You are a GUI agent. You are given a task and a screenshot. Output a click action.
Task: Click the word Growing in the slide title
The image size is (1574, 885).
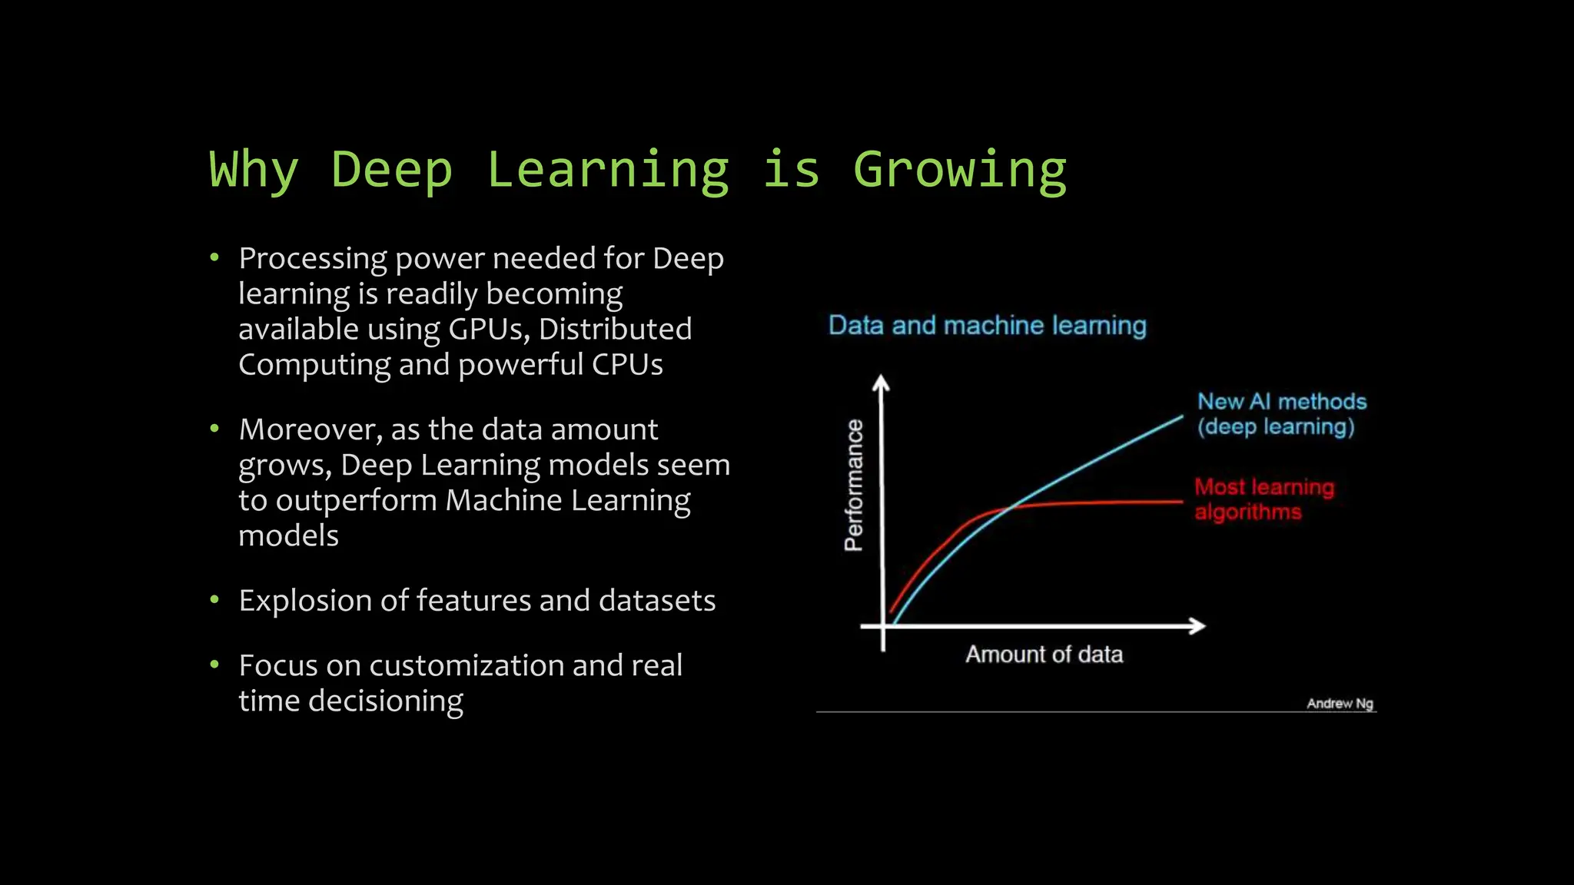tap(960, 170)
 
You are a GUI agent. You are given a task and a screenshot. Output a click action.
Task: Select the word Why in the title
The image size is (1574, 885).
tap(254, 170)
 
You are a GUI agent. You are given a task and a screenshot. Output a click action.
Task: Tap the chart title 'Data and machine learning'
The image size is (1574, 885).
tap(987, 326)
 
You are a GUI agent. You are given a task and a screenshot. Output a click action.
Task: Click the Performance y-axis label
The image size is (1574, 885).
tap(854, 485)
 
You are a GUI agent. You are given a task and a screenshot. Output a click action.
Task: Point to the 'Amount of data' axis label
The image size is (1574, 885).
tap(1044, 655)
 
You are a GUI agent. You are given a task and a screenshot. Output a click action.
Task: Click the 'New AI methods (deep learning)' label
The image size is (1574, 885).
tap(1281, 414)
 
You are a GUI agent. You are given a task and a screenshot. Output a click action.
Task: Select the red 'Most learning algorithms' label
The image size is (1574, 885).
tap(1264, 499)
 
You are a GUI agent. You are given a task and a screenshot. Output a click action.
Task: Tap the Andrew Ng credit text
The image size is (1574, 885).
tap(1340, 704)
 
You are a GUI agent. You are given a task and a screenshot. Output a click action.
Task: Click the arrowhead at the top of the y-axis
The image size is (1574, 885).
tap(882, 383)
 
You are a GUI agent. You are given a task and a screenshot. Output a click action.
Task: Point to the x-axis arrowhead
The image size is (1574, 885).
tap(1197, 626)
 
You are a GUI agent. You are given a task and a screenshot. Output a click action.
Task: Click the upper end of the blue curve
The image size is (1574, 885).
tap(1180, 418)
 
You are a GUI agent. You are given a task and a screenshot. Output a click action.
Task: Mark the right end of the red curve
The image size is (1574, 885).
tap(1180, 502)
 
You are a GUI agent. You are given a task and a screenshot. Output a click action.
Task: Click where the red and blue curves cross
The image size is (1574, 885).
tap(1010, 508)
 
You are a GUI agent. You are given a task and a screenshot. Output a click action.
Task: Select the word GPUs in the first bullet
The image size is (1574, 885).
tap(489, 330)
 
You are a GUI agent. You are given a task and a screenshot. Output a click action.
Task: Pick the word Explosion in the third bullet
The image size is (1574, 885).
tap(306, 601)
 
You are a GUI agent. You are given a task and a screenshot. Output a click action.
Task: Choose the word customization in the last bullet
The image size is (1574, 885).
tap(466, 666)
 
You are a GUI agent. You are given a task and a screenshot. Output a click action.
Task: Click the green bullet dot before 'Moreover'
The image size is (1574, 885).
tap(214, 429)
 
